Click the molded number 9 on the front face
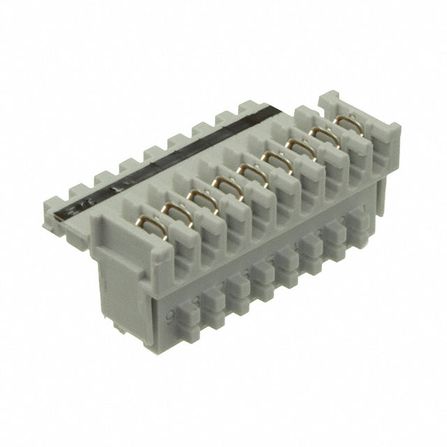(170, 315)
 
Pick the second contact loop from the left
(200, 198)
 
